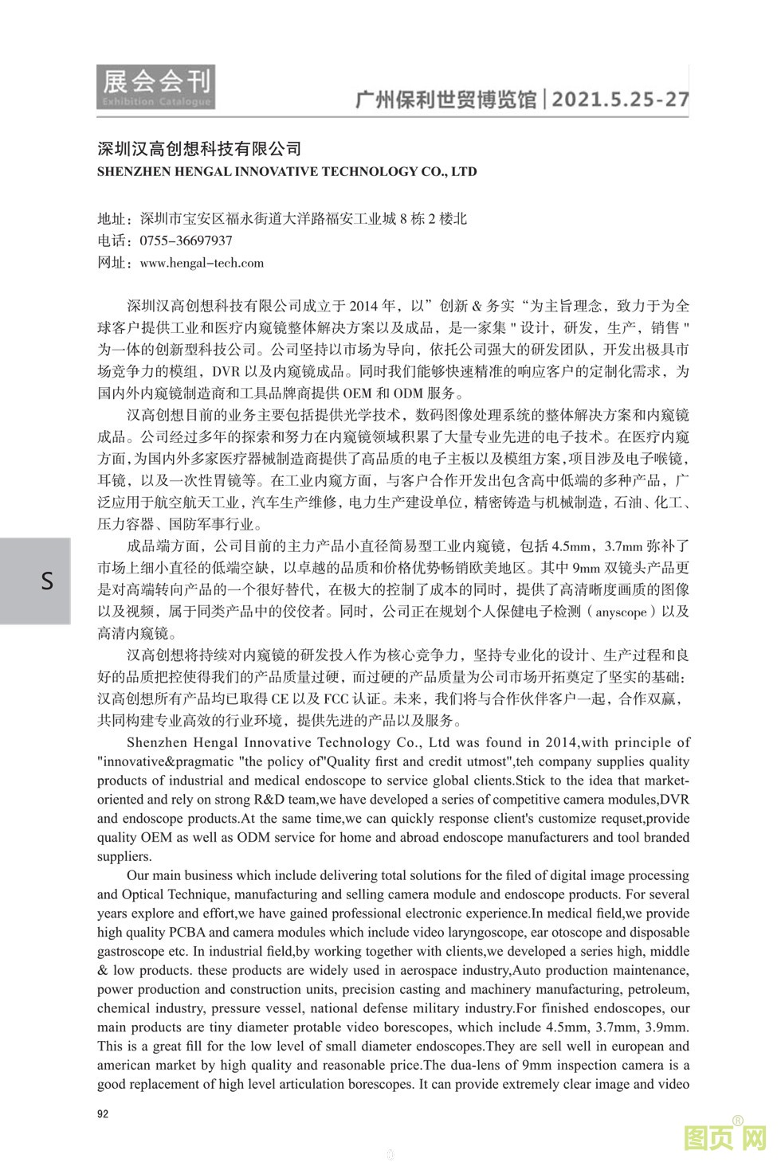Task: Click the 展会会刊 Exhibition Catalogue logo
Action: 156,87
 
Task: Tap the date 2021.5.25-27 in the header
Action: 620,100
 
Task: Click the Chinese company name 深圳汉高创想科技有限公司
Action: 199,148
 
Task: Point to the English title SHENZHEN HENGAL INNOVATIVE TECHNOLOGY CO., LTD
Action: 287,171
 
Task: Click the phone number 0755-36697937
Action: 186,241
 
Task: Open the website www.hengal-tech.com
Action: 202,263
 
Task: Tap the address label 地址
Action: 111,219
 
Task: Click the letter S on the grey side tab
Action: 47,581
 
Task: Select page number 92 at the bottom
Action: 103,1113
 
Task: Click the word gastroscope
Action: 130,952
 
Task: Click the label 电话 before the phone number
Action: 111,241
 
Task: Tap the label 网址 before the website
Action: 111,263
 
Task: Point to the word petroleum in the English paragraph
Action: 657,989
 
